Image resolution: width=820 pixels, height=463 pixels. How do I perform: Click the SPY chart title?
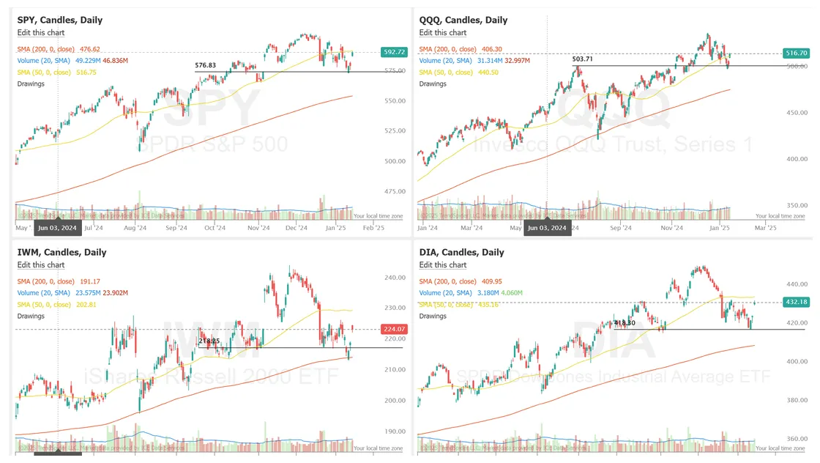(60, 20)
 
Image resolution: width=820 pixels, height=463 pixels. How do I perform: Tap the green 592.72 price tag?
(394, 52)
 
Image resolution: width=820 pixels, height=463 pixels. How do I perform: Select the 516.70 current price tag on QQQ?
(796, 53)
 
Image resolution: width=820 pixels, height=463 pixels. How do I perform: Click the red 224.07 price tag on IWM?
(394, 330)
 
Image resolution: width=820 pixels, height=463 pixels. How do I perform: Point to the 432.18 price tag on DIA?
(796, 302)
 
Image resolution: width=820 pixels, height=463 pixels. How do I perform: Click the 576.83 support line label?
(206, 65)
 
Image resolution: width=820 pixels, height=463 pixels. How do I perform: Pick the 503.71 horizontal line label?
(583, 59)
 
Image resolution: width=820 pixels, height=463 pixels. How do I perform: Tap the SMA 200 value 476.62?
(89, 49)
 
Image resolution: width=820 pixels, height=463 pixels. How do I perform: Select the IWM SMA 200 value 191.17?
(89, 281)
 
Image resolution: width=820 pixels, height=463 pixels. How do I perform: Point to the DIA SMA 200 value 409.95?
(491, 281)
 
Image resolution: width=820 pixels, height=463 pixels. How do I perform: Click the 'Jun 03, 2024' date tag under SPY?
(57, 228)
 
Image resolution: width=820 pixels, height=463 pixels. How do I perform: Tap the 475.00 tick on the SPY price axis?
(395, 191)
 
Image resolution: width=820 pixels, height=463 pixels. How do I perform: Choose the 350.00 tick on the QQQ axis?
(797, 206)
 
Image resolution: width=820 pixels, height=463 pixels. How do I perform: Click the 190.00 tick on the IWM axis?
(395, 431)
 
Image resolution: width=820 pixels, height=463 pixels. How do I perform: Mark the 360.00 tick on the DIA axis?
(797, 439)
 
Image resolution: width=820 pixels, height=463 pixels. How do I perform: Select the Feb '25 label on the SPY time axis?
(373, 228)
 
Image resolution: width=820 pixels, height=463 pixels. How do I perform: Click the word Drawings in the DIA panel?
(433, 316)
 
